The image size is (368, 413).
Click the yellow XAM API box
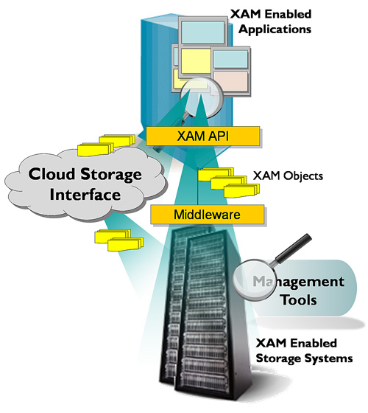pyautogui.click(x=202, y=136)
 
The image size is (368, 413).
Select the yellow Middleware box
pyautogui.click(x=207, y=215)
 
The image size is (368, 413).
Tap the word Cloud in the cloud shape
pyautogui.click(x=52, y=174)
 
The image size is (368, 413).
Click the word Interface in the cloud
pyautogui.click(x=85, y=195)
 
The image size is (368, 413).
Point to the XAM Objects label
pyautogui.click(x=288, y=176)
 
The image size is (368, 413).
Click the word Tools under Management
pyautogui.click(x=299, y=299)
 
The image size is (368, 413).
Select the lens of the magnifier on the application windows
pyautogui.click(x=201, y=97)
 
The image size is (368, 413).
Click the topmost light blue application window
pyautogui.click(x=203, y=32)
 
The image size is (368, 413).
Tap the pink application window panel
pyautogui.click(x=230, y=81)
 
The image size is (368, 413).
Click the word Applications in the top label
pyautogui.click(x=275, y=29)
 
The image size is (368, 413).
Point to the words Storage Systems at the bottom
pyautogui.click(x=304, y=358)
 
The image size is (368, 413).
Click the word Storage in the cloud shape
pyautogui.click(x=111, y=175)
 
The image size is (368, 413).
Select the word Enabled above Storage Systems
pyautogui.click(x=314, y=343)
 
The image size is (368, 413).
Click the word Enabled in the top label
pyautogui.click(x=288, y=14)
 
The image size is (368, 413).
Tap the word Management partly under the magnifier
pyautogui.click(x=298, y=282)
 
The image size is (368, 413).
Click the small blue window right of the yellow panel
pyautogui.click(x=230, y=59)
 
